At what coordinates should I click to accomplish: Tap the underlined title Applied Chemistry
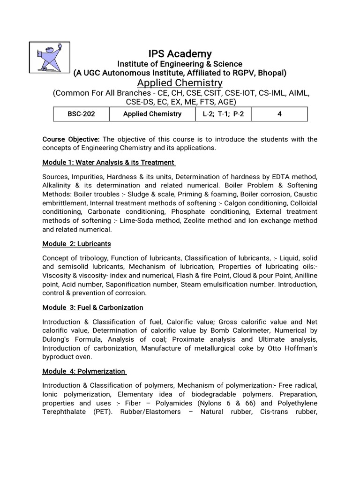(x=180, y=83)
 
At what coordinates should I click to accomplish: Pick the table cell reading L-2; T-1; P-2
(x=224, y=114)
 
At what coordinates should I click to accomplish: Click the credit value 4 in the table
(x=280, y=114)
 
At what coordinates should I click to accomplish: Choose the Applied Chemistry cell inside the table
(x=152, y=114)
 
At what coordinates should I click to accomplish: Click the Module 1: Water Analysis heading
(x=109, y=162)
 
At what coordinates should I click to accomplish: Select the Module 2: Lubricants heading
(x=76, y=244)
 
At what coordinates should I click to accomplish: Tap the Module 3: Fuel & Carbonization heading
(x=92, y=307)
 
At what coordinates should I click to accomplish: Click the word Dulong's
(x=58, y=339)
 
